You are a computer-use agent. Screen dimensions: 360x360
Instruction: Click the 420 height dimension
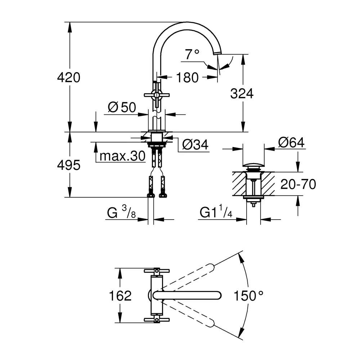[69, 77]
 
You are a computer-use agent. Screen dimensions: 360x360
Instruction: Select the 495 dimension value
[69, 165]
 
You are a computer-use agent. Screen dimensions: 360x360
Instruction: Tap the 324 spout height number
[242, 94]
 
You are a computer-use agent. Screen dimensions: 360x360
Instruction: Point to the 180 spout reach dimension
[187, 78]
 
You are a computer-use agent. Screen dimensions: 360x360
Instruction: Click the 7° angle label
[192, 54]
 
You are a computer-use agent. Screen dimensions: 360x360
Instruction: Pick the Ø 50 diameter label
[122, 107]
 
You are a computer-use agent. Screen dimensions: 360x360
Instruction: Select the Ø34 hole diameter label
[195, 144]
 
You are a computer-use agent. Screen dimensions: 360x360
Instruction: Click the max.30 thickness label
[122, 156]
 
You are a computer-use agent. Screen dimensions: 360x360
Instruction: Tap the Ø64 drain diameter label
[291, 143]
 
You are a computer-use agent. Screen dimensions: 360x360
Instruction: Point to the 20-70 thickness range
[298, 184]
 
